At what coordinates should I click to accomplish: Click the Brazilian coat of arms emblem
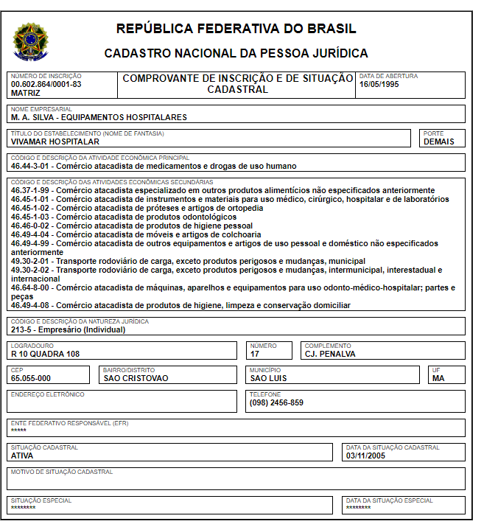click(29, 42)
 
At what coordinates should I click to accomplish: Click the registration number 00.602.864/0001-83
click(46, 84)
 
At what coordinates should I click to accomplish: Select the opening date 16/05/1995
click(379, 84)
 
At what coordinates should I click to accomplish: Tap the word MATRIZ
click(26, 93)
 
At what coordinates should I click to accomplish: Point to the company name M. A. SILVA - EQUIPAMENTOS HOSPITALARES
click(99, 117)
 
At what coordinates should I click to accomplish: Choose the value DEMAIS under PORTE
click(439, 142)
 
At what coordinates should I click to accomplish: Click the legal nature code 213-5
click(22, 329)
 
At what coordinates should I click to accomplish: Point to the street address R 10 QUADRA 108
click(45, 354)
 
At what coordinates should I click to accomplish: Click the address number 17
click(255, 354)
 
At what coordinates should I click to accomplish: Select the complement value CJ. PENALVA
click(330, 354)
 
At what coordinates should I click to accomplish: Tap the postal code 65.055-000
click(31, 378)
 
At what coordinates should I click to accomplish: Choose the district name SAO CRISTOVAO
click(136, 378)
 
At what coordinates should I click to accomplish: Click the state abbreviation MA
click(439, 378)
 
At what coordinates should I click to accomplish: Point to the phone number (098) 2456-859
click(276, 402)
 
